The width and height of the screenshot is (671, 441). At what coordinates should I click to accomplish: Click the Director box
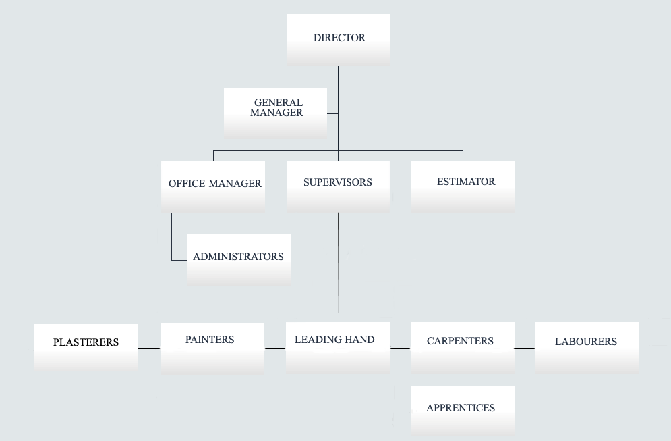[x=338, y=39]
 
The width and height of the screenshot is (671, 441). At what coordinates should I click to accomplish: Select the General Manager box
[x=275, y=113]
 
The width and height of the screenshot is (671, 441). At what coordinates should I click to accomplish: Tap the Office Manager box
[x=213, y=186]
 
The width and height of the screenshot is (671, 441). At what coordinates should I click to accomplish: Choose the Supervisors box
[x=338, y=186]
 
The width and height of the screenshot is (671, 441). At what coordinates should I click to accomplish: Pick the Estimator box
[x=463, y=186]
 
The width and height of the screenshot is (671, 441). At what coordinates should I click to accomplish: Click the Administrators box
[x=239, y=260]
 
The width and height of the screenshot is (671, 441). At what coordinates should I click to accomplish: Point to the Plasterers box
[x=86, y=348]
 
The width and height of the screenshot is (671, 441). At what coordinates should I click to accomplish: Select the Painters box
[x=212, y=348]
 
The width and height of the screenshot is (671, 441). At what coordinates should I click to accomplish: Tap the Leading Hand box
[x=338, y=348]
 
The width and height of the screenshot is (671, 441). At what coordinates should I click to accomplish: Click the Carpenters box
[x=463, y=348]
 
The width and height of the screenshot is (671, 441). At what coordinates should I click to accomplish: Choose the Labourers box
[x=587, y=348]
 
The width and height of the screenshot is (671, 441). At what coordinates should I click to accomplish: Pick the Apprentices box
[x=463, y=410]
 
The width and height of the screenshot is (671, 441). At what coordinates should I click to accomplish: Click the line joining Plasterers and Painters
[x=149, y=349]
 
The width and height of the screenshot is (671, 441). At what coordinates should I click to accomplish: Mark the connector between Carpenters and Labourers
[x=525, y=349]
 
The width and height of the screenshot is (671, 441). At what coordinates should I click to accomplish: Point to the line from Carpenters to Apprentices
[x=459, y=380]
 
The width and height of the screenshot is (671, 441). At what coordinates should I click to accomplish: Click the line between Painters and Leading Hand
[x=275, y=349]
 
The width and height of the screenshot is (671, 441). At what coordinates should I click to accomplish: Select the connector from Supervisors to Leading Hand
[x=339, y=267]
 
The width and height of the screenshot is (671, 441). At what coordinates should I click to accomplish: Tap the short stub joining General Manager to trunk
[x=332, y=113]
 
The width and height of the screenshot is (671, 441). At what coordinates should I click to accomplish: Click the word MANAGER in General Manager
[x=276, y=113]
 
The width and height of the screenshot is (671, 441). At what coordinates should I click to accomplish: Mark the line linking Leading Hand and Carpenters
[x=400, y=349]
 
